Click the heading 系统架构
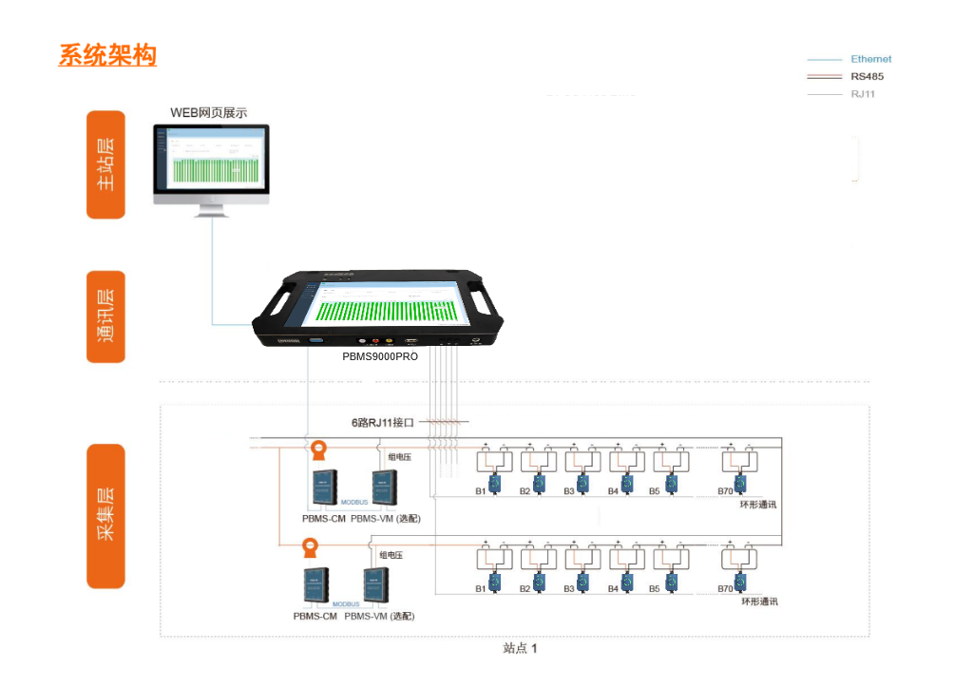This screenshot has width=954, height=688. point(107,55)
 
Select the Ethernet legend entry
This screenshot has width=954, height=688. point(870,59)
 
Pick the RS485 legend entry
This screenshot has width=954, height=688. point(867,77)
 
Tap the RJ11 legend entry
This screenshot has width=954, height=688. point(863,94)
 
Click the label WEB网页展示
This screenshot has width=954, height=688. point(208,112)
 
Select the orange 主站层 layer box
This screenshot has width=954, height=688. point(105,164)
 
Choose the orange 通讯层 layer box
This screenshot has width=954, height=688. point(105,317)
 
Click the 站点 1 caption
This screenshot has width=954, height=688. point(520,648)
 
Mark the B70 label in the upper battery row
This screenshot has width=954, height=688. point(727,491)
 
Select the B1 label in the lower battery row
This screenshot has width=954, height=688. point(482,589)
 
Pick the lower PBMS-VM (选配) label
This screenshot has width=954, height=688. point(379,616)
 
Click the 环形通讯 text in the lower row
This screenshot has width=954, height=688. point(758,602)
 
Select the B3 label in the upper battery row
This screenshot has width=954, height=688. point(569,491)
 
